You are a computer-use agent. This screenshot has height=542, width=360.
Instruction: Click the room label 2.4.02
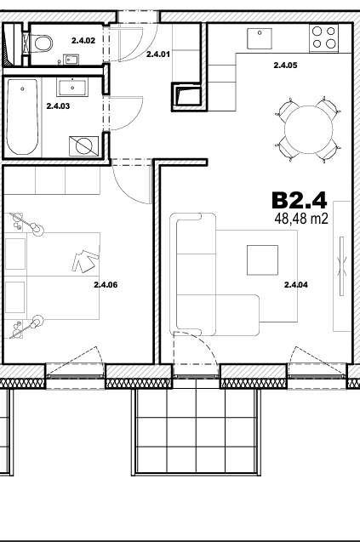coord(83,41)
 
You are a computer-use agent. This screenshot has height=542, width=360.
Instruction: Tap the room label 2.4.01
coord(158,54)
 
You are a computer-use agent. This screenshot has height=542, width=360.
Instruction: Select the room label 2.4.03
coord(58,106)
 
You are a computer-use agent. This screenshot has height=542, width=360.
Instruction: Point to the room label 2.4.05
coord(285,66)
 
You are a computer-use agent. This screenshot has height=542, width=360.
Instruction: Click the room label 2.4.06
coord(106,285)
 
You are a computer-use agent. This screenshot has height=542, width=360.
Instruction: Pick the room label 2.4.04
coord(296,285)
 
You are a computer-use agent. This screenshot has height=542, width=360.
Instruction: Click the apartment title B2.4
coord(299,200)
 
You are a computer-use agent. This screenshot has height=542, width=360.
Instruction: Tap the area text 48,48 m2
coord(301,219)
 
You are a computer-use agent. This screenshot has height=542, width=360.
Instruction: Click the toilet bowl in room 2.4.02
coord(41,43)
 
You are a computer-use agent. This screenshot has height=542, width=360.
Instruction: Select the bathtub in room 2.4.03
coord(22,117)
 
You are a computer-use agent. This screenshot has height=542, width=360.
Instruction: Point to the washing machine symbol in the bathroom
coord(83,145)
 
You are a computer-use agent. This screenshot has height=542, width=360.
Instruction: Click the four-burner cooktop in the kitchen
coord(323,37)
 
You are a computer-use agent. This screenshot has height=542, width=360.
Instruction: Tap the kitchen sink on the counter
coord(260,39)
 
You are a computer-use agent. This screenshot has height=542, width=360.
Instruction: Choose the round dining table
coord(308,129)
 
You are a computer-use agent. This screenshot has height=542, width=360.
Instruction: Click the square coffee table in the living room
coord(262,260)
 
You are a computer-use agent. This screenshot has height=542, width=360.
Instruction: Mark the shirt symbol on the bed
coord(85,261)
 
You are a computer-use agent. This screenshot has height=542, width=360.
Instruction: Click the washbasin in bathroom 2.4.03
coord(72,88)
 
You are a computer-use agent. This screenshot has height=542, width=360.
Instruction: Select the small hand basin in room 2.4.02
coord(71,60)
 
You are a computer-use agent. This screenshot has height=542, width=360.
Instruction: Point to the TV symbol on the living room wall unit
coord(341,265)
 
